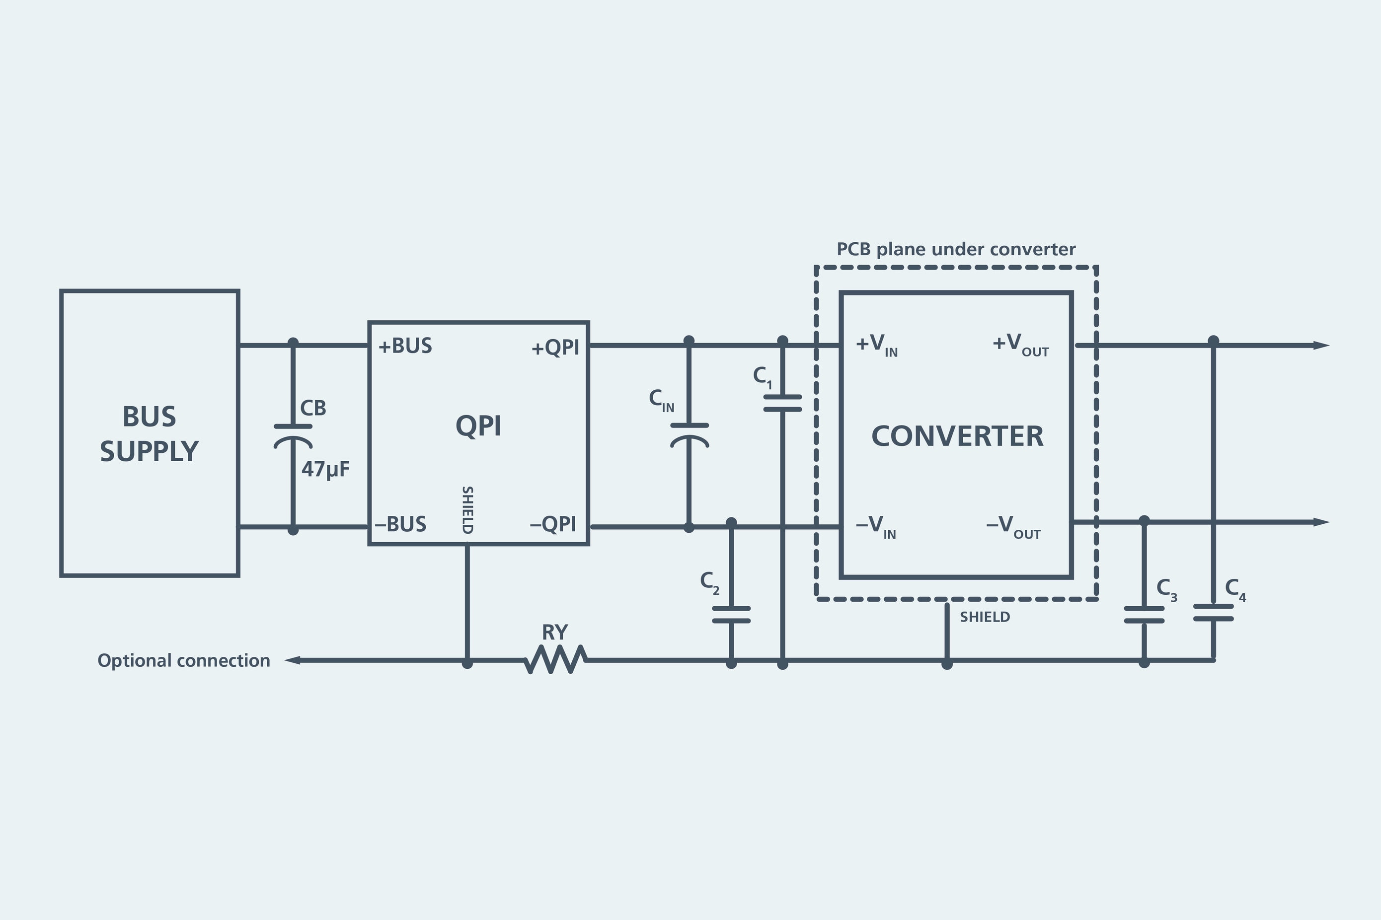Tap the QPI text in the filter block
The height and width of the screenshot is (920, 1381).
coord(478,426)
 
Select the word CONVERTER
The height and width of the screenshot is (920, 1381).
coord(957,436)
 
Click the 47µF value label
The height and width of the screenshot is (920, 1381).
coord(325,469)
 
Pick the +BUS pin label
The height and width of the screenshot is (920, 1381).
coord(405,346)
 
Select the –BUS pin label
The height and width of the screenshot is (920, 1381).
coord(401,524)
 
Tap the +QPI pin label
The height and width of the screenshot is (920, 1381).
coord(555,348)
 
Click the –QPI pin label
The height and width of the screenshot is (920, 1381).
coord(553,524)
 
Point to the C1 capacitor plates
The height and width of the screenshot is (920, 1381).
coord(782,403)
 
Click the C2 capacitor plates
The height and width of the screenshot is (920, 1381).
coord(731,614)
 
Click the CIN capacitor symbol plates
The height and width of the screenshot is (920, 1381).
coord(689,435)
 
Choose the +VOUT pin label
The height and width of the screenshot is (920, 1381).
coord(1020,345)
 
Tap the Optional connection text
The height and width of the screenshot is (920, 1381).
coord(184,661)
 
